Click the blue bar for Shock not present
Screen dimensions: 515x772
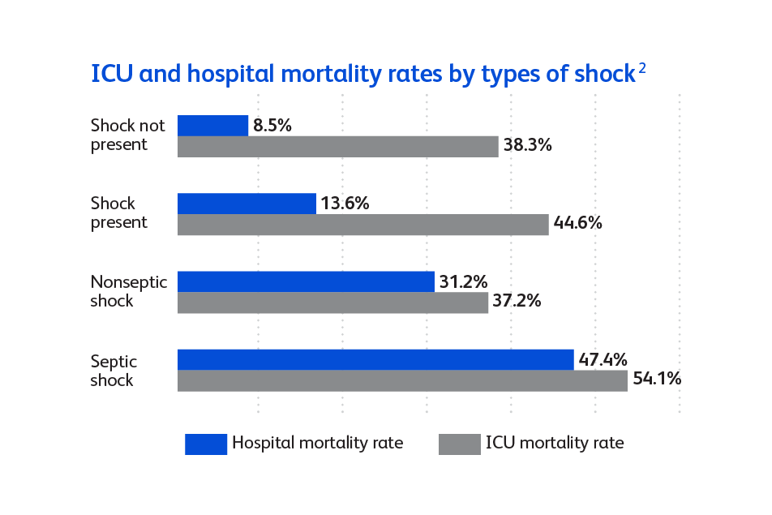click(x=212, y=125)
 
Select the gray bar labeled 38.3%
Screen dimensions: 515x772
click(x=337, y=146)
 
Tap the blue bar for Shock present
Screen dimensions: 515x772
click(x=247, y=204)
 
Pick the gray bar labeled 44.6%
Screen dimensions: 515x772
click(x=362, y=224)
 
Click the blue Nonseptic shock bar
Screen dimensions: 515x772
click(x=306, y=281)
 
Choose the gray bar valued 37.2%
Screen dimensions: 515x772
click(x=332, y=303)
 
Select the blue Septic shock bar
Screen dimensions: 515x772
click(x=375, y=359)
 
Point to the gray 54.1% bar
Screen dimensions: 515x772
click(x=402, y=380)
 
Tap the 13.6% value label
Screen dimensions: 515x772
click(x=345, y=204)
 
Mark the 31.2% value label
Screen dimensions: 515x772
click(x=463, y=281)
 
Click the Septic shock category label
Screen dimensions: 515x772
click(x=114, y=370)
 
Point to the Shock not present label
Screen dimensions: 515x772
click(x=127, y=135)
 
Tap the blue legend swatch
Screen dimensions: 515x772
click(x=206, y=444)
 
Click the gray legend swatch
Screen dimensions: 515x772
click(x=459, y=444)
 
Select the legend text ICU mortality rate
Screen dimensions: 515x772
click(x=555, y=443)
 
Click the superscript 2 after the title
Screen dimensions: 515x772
click(x=641, y=69)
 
